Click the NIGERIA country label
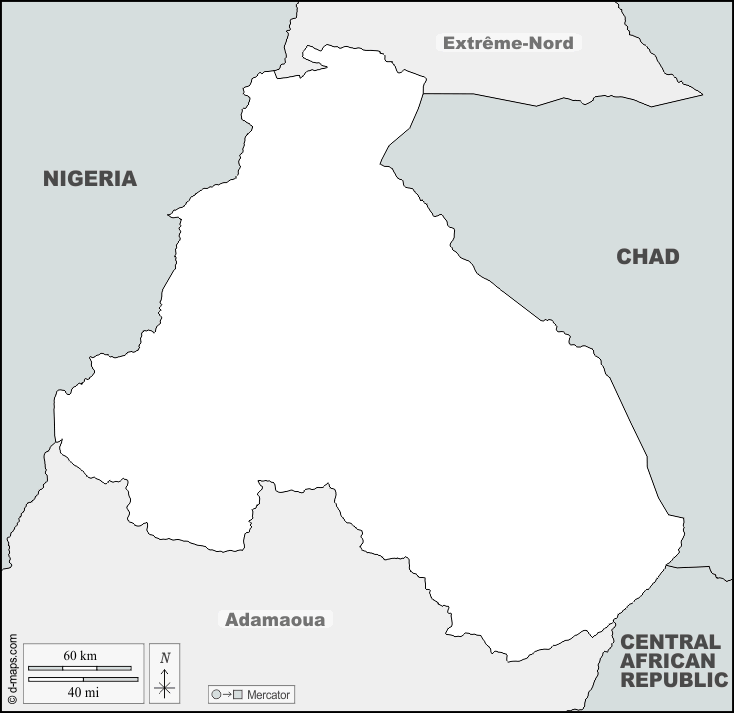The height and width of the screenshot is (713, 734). (x=89, y=179)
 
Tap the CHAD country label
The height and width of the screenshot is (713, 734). (x=647, y=257)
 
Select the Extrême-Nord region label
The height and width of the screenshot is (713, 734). (x=508, y=43)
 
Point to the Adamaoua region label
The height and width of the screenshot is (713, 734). (x=275, y=619)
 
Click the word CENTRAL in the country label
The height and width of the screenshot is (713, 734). (x=669, y=642)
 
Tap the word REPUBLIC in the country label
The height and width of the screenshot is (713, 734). (x=674, y=680)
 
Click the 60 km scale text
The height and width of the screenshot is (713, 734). (x=80, y=655)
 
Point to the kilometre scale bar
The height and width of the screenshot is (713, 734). (x=80, y=667)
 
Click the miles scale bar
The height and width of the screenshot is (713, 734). (x=83, y=679)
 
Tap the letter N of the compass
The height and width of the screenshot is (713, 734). (x=165, y=657)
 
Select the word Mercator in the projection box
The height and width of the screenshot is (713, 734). (x=267, y=694)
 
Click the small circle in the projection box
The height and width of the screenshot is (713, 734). (x=216, y=694)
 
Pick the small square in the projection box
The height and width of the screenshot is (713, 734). (x=238, y=694)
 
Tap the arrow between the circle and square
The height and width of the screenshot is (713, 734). (x=227, y=694)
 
